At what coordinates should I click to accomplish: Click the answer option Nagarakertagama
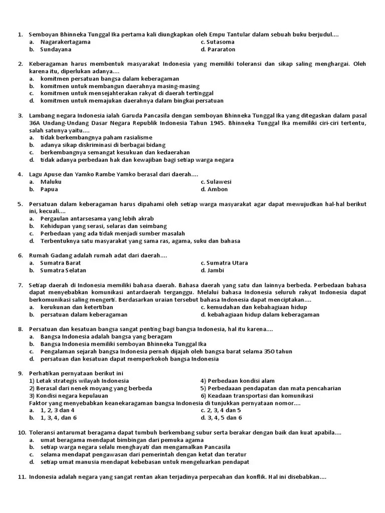[65, 42]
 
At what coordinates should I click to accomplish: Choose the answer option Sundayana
[56, 50]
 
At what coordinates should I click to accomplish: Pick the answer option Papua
[49, 189]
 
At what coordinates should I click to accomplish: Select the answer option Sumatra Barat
[60, 263]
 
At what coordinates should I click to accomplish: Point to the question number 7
[21, 285]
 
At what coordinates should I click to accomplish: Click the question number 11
[22, 477]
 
